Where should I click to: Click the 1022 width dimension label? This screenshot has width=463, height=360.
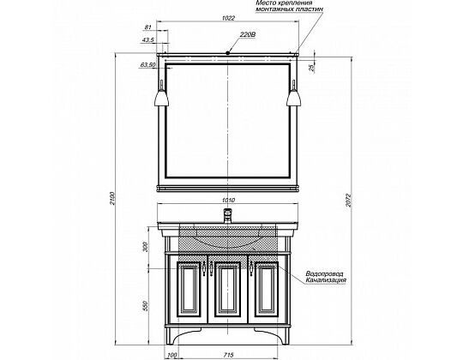228,18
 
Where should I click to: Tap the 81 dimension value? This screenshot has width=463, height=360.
148,27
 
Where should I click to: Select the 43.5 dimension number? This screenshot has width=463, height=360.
147,40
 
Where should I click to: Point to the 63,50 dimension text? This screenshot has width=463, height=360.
147,65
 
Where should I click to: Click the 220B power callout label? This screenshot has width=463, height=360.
248,35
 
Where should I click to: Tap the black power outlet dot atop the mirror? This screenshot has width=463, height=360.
228,53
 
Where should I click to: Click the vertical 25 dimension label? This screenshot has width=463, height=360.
312,69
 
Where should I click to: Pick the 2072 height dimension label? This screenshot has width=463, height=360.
348,201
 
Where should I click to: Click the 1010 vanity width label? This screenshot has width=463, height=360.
228,201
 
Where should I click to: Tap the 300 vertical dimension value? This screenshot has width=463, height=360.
145,247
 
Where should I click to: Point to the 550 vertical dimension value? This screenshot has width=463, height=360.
145,306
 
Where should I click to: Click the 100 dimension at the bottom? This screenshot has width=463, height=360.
171,355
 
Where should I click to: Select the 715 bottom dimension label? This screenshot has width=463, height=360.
229,355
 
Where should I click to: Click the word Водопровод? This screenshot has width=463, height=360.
324,273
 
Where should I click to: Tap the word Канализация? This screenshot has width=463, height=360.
326,280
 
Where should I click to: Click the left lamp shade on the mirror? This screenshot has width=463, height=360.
161,98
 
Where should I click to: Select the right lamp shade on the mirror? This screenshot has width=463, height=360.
294,98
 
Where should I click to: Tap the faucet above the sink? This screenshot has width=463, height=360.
228,216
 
